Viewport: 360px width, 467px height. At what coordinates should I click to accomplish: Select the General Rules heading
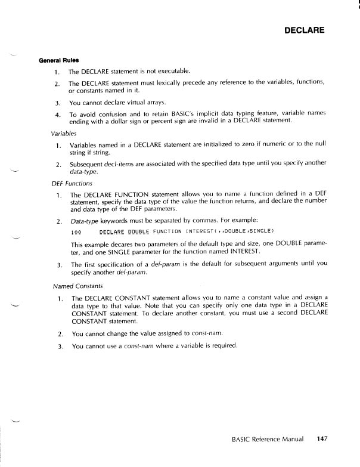[x=59, y=60]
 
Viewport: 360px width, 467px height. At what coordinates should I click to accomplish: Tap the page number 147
[x=323, y=440]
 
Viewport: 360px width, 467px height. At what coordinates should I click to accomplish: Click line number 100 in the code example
[x=75, y=232]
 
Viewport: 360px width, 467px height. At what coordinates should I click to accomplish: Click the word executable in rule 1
[x=172, y=72]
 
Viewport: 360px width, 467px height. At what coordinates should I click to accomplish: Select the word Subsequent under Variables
[x=88, y=164]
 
